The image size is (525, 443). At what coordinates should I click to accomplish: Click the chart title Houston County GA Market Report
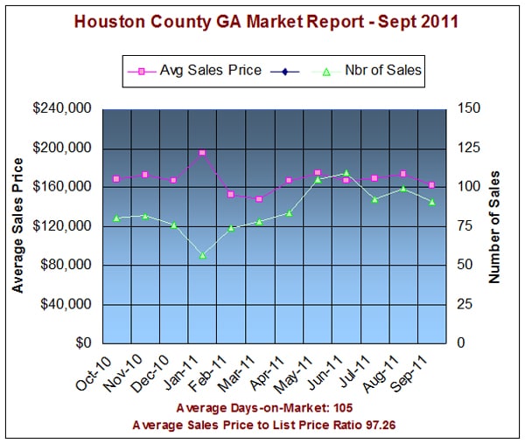[262, 20]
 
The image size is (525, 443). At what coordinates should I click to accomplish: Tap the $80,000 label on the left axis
[67, 265]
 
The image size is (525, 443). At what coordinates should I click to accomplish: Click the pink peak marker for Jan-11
[202, 153]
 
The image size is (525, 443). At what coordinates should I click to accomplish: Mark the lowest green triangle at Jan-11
[202, 255]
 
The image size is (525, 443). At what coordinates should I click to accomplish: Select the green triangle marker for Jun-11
[346, 173]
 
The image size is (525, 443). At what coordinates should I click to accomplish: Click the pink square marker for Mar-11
[260, 199]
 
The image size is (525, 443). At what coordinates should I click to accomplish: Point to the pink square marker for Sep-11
[432, 184]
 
